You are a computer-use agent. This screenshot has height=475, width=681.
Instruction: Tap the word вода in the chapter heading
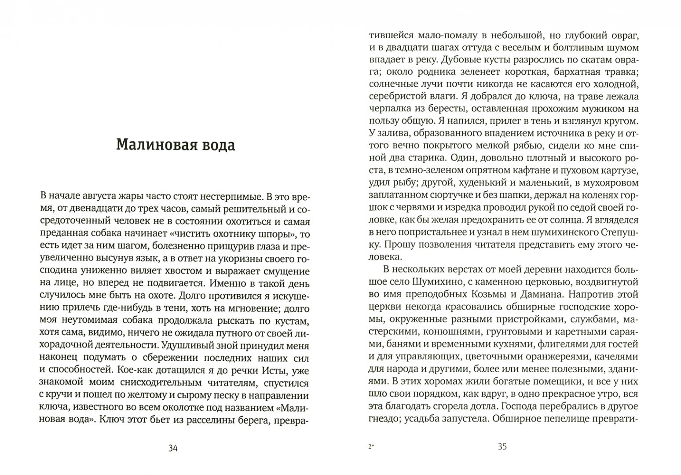click(215, 145)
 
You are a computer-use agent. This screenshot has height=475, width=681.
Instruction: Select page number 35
click(502, 447)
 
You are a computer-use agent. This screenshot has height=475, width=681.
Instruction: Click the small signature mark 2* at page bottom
click(370, 448)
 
